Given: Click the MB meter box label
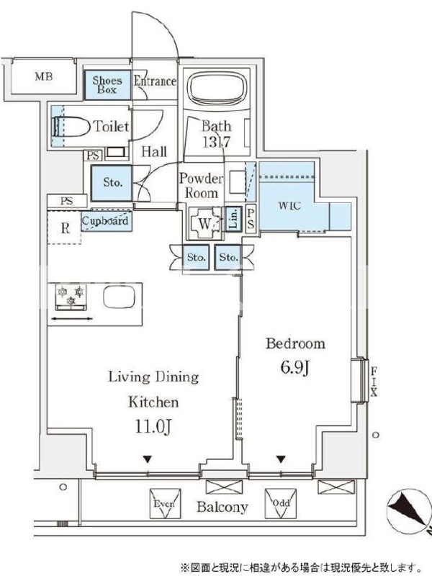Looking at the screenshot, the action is pyautogui.click(x=44, y=76).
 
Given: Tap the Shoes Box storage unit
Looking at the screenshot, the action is pyautogui.click(x=107, y=85).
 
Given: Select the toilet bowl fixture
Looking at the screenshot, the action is pyautogui.click(x=71, y=127).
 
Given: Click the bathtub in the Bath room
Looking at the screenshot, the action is pyautogui.click(x=216, y=89).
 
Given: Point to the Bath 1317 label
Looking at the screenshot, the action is pyautogui.click(x=217, y=134).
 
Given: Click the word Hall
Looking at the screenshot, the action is pyautogui.click(x=154, y=151).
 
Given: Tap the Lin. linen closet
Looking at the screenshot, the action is pyautogui.click(x=233, y=218).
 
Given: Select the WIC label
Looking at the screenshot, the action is pyautogui.click(x=289, y=205).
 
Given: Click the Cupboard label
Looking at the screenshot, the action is pyautogui.click(x=105, y=221).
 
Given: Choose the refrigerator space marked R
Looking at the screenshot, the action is pyautogui.click(x=64, y=228).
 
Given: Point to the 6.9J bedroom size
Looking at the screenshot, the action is pyautogui.click(x=296, y=367).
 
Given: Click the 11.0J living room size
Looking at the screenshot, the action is pyautogui.click(x=153, y=426).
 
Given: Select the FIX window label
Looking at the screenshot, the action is pyautogui.click(x=374, y=382).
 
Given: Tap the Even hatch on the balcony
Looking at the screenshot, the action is pyautogui.click(x=165, y=503).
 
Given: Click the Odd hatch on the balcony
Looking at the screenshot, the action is pyautogui.click(x=281, y=503).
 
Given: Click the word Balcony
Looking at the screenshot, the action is pyautogui.click(x=222, y=507).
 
